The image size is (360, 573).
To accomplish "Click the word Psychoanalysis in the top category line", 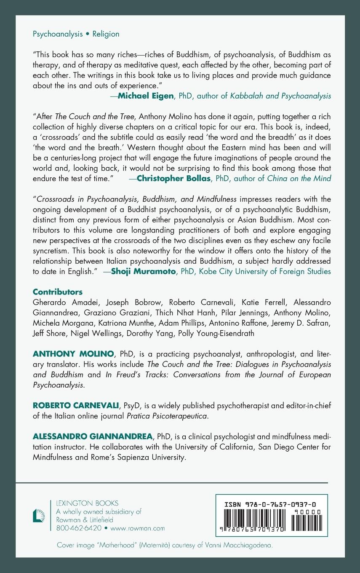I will tap(58, 34).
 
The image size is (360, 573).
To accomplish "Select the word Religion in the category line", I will tap(106, 34).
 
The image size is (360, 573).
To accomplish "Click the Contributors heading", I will tap(58, 292).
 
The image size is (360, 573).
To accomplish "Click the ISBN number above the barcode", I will tap(272, 503).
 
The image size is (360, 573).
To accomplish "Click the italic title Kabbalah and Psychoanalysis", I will tap(280, 96).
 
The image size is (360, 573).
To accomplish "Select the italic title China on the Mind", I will tap(299, 179).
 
